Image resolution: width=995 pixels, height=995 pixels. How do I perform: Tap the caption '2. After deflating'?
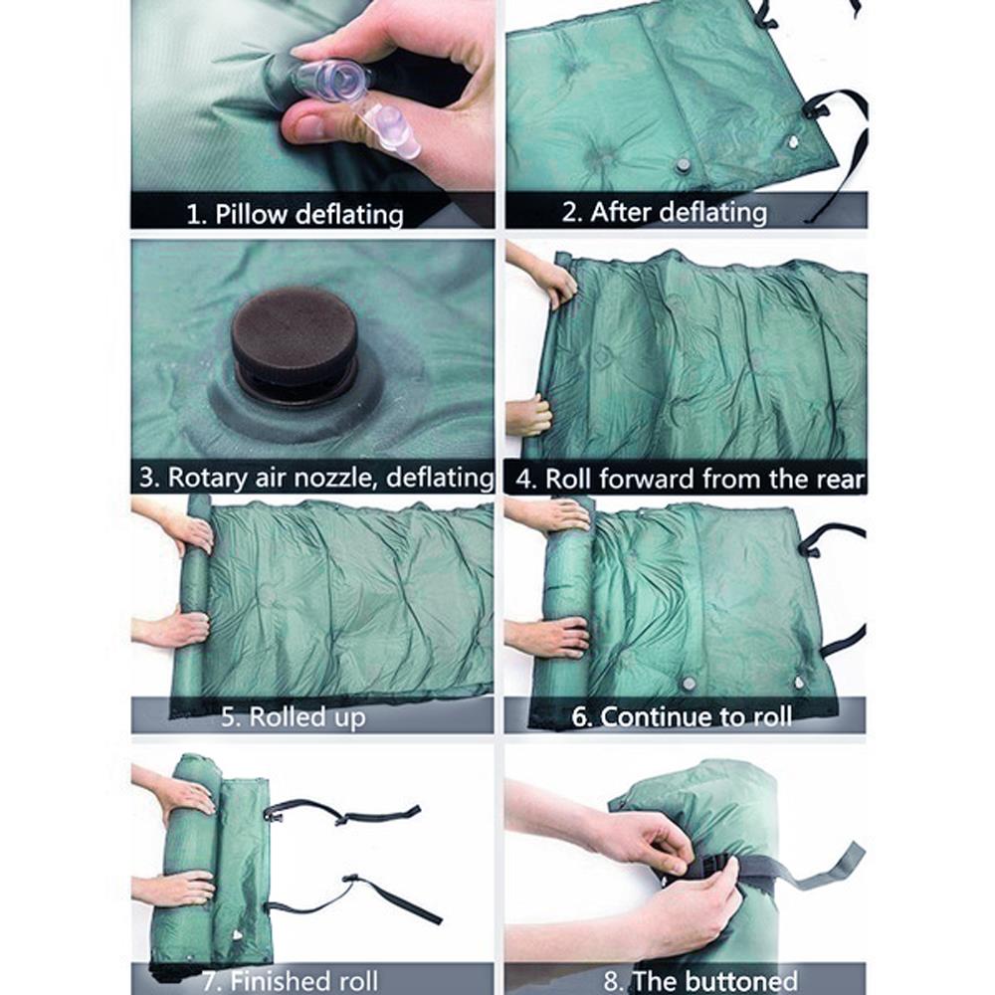coord(678,212)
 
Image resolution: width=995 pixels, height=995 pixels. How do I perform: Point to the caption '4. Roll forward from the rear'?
coord(690,479)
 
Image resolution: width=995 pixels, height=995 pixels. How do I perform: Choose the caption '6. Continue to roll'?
coord(682,716)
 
